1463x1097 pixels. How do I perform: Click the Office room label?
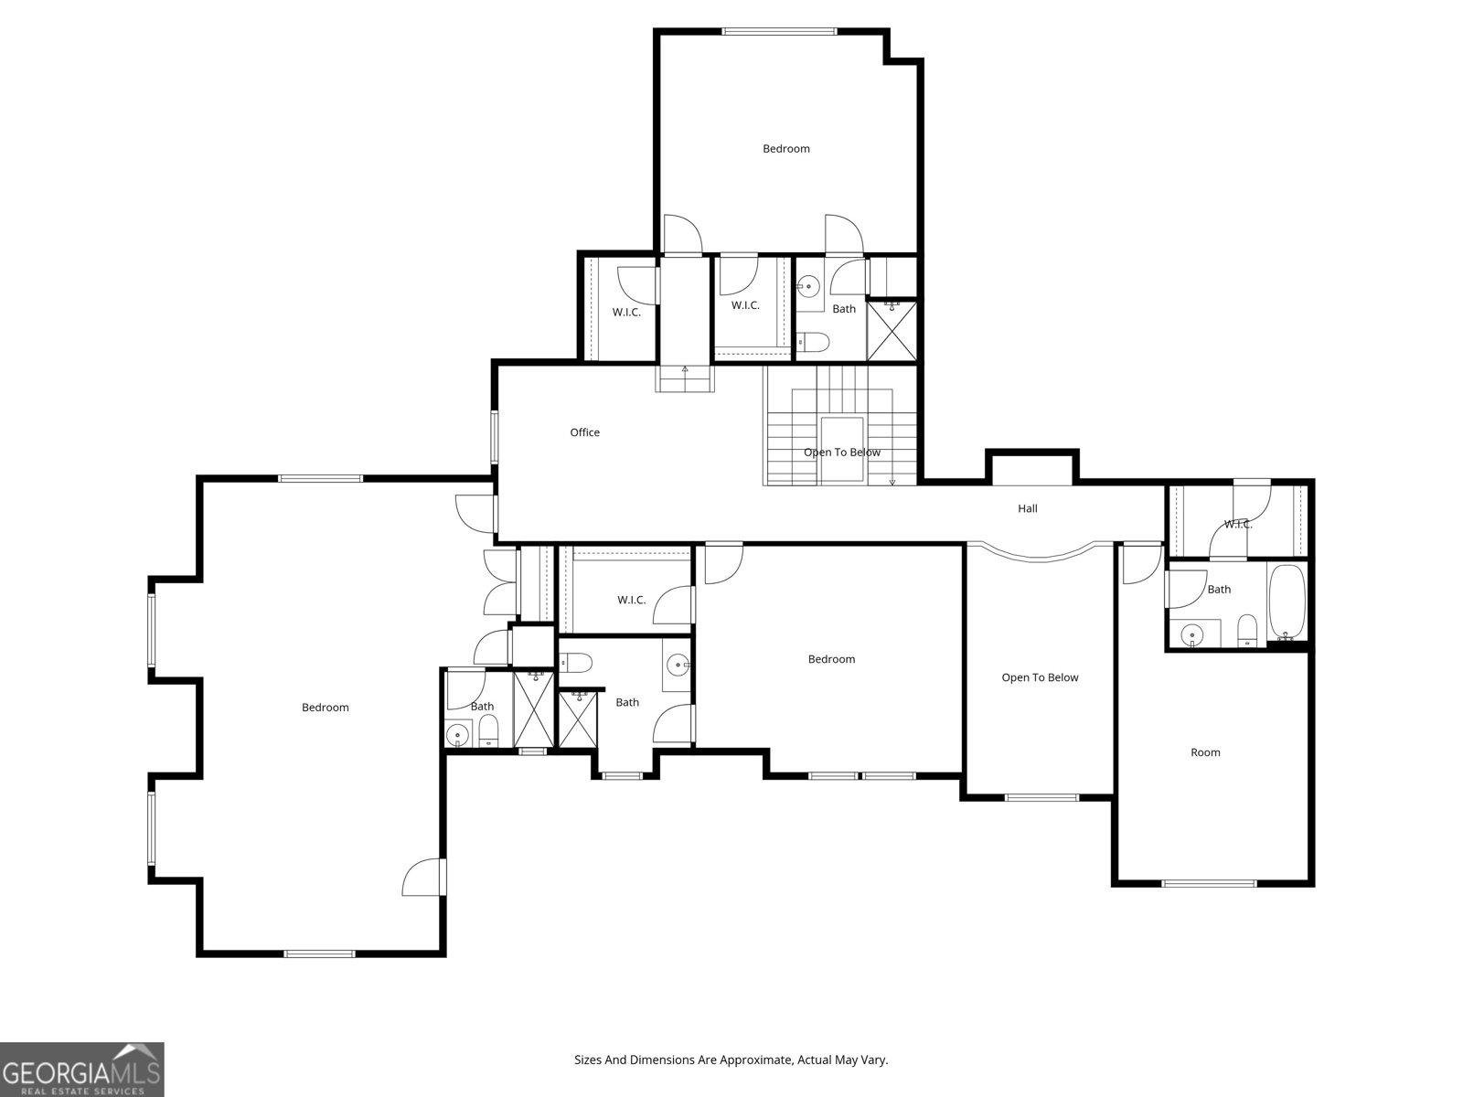coord(584,432)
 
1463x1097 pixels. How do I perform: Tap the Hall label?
coord(1027,508)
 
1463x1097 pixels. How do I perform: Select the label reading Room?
coord(1205,752)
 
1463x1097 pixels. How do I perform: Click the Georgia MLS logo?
coord(81,1069)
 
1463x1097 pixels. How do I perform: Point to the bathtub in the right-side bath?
coord(1287,602)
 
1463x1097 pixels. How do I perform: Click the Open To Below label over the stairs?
coord(842,453)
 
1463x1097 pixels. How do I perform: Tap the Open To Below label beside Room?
coord(1040,677)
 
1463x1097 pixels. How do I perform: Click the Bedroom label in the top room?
coord(786,148)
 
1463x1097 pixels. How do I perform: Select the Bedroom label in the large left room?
coord(326,708)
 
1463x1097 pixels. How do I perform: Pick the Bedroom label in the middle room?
coord(831,659)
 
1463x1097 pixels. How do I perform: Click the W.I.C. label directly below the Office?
coord(631,600)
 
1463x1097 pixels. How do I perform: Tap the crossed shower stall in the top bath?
coord(892,331)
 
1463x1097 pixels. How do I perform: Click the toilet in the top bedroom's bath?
coord(813,342)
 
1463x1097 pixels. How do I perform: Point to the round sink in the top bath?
coord(807,286)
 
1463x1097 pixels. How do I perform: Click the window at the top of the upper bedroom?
coord(779,31)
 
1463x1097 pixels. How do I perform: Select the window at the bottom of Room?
coord(1209,884)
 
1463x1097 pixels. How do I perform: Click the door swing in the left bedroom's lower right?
coord(423,877)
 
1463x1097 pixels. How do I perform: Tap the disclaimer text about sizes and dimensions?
coord(731,1060)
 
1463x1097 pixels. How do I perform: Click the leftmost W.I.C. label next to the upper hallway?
coord(626,312)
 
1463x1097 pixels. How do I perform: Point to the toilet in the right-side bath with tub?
coord(1247,630)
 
